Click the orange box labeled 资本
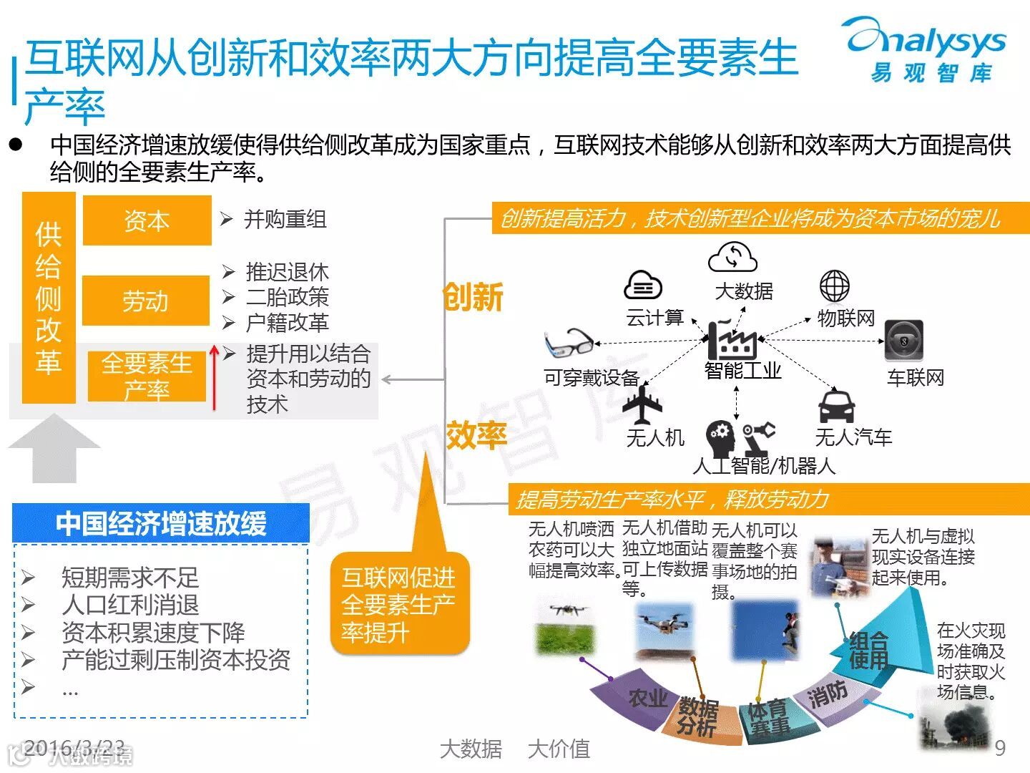(x=147, y=220)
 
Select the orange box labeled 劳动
(x=146, y=301)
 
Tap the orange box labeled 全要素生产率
(x=147, y=376)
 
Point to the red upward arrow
(x=214, y=378)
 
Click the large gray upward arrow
(x=54, y=448)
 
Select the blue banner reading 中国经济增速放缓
(x=161, y=523)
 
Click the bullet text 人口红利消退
(x=130, y=605)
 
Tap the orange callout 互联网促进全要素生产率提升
(x=398, y=604)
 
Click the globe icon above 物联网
(x=835, y=286)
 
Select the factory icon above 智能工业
(x=732, y=339)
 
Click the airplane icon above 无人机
(x=642, y=405)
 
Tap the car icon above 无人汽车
(x=836, y=405)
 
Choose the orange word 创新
(x=473, y=296)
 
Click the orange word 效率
(x=476, y=434)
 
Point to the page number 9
(x=1000, y=748)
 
